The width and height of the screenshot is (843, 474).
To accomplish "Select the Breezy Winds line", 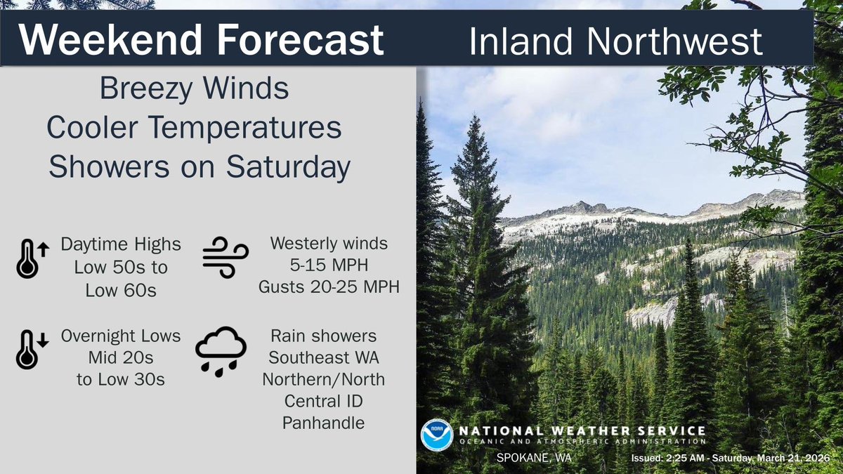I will click(x=194, y=90).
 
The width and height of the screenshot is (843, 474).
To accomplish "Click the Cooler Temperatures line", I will click(x=194, y=129).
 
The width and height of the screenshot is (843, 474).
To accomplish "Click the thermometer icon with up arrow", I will click(x=30, y=257).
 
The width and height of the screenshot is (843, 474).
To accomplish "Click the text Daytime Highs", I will click(x=121, y=244).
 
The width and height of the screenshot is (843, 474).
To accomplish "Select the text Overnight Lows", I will click(x=121, y=336).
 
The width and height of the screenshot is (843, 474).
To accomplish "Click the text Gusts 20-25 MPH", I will click(x=329, y=287).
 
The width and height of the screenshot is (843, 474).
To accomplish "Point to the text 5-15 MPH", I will click(x=329, y=266).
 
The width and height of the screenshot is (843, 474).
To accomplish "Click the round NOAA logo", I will click(x=436, y=435).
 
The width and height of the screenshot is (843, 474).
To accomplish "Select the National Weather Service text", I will click(x=582, y=430).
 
